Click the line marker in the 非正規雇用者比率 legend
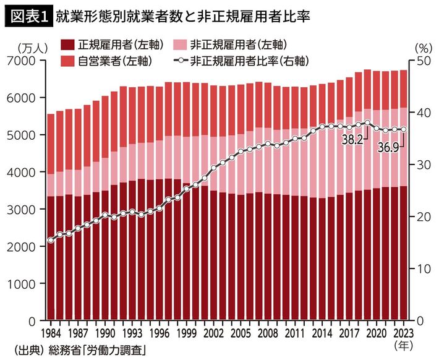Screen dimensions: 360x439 180,61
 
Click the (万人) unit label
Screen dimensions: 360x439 28,47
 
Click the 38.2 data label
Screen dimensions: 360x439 352,140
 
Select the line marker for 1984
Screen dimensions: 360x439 51,240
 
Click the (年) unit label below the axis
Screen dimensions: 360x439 403,344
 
